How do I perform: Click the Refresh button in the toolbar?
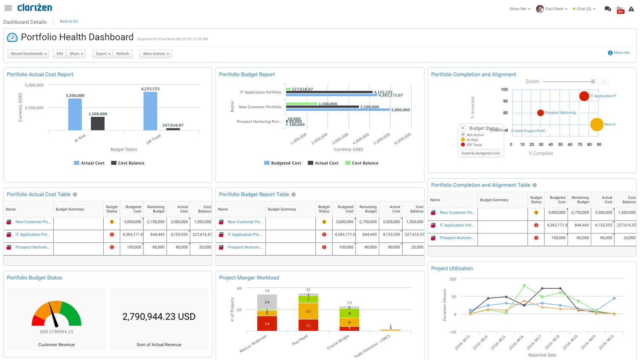coord(122,54)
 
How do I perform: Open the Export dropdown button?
coord(103,54)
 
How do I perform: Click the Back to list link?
coord(69,21)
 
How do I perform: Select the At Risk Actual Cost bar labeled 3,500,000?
coord(75,114)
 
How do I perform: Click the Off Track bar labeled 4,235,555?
coord(150,111)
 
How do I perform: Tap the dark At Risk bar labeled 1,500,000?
coord(98,123)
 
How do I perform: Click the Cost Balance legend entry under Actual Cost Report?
coord(128,163)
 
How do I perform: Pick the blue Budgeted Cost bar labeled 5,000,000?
coord(337,110)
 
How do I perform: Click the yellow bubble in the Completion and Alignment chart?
coord(596,125)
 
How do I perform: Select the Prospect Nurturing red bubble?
coord(540,113)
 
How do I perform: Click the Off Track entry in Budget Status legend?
coord(474,145)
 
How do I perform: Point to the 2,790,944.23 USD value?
coord(159,316)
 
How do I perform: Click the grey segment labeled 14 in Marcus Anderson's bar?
coord(267,302)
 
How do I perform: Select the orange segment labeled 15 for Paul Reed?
coord(308,311)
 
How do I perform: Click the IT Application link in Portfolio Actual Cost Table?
coord(32,235)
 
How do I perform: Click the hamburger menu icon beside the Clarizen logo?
coord(8,8)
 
